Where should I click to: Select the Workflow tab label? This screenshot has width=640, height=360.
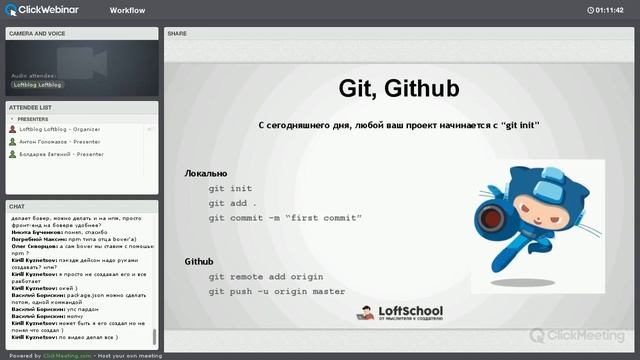[x=127, y=10]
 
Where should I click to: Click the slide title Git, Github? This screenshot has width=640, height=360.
[x=399, y=89]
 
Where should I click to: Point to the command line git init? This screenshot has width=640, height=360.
[x=230, y=188]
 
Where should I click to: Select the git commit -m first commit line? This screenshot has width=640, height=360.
[x=285, y=217]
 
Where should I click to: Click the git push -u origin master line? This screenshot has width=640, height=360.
[x=277, y=291]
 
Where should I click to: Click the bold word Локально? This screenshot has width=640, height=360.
[x=206, y=173]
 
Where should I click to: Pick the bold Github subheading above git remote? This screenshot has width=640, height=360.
[x=199, y=261]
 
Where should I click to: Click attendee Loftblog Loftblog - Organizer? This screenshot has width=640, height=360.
[x=60, y=129]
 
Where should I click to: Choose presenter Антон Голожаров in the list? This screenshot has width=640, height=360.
[x=60, y=142]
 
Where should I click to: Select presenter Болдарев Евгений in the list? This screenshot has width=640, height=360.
[x=62, y=155]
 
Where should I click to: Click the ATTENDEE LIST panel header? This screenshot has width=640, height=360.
[x=31, y=107]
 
